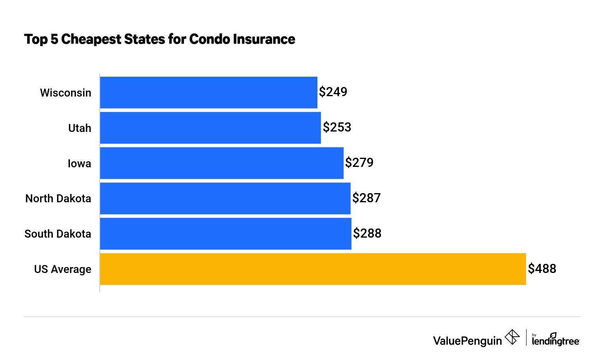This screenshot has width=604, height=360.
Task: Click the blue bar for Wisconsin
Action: (209, 93)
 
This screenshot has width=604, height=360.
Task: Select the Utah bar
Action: (210, 128)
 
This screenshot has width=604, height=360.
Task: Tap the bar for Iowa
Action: (222, 163)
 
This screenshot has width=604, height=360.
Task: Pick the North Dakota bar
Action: (225, 198)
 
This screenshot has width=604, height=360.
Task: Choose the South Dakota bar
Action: (226, 234)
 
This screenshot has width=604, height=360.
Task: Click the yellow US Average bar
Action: (313, 269)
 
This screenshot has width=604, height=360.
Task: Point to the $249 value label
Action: (333, 92)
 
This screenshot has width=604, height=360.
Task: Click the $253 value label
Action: (337, 127)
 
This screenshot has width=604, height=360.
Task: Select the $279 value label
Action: (359, 163)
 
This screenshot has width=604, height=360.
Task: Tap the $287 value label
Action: (366, 198)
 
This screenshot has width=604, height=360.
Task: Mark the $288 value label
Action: (367, 233)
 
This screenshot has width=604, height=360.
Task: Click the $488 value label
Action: (542, 269)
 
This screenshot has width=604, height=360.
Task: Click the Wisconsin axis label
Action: (66, 93)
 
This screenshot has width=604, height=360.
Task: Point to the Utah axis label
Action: (80, 128)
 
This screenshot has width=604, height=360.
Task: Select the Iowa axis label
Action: (79, 163)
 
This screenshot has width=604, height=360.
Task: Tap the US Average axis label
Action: (63, 269)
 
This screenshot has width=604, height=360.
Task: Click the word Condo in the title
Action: (209, 39)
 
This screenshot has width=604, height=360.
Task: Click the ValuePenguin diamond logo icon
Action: (512, 337)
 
